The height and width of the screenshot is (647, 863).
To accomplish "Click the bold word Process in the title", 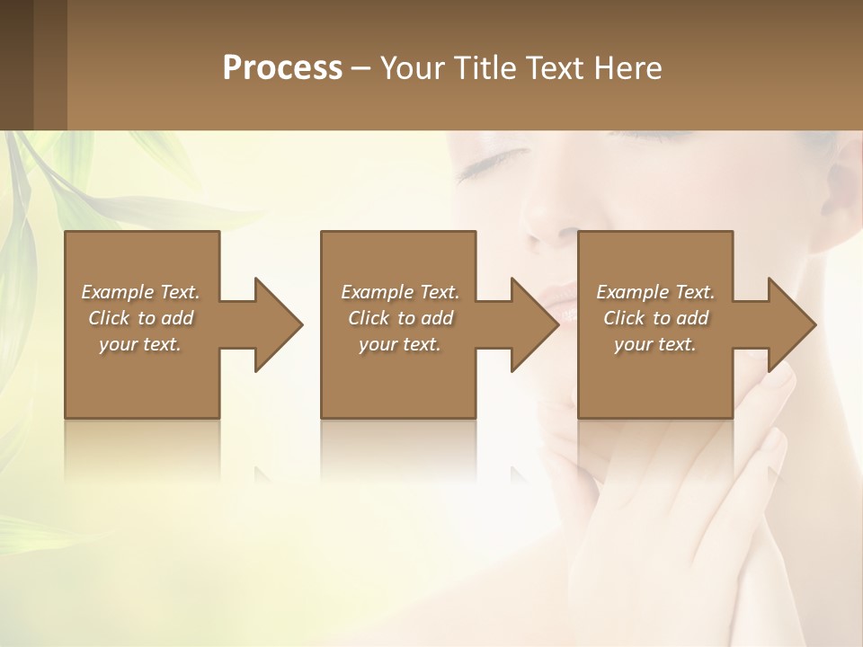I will tap(282, 67).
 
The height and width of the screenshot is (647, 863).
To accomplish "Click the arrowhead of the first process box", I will tap(279, 324).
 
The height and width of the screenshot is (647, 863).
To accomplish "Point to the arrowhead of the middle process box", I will tap(535, 324).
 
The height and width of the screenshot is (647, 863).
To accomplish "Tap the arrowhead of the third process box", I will tap(792, 324).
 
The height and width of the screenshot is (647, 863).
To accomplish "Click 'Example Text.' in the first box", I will tap(140, 292).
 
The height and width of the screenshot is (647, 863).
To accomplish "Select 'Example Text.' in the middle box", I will tap(400, 292).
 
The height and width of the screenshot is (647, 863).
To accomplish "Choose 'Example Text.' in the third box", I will tap(655, 292).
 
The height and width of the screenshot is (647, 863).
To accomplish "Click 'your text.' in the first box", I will tap(140, 344).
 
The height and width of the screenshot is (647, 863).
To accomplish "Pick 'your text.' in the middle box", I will tap(400, 344).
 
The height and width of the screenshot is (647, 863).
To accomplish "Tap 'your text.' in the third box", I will tap(655, 344).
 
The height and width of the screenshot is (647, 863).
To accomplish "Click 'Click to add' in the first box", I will tap(140, 318).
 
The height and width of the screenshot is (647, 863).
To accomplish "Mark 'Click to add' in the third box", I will tap(655, 318).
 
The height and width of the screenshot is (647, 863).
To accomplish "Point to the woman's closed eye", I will tap(490, 160).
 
